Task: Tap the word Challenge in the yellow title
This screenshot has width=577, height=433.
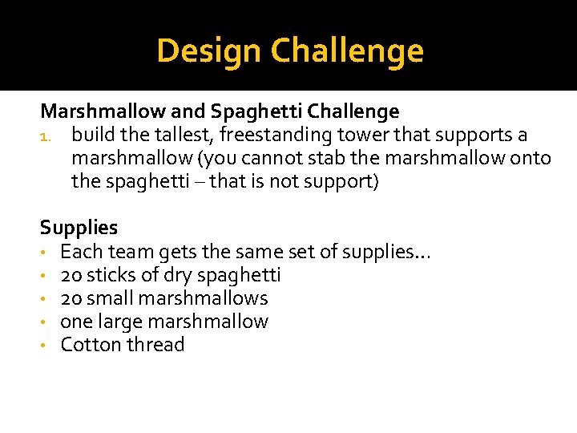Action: [347, 51]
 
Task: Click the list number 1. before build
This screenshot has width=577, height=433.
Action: [47, 136]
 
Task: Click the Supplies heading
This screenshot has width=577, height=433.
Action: [79, 228]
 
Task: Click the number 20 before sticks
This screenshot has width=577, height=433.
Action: [71, 275]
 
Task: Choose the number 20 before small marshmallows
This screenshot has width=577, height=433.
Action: [71, 298]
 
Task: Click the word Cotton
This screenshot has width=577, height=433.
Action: [87, 345]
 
